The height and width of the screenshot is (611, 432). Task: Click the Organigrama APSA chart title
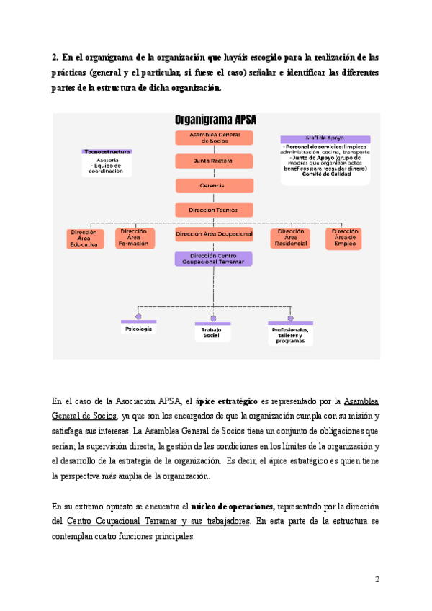(x=215, y=120)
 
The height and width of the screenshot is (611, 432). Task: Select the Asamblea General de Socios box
(x=214, y=138)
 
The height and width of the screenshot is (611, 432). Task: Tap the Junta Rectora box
(x=214, y=161)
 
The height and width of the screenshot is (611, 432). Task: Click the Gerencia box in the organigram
(x=214, y=185)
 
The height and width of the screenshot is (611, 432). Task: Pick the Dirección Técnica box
(x=214, y=210)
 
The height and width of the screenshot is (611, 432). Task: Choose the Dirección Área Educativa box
(x=84, y=238)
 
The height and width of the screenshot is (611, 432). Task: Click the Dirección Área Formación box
(x=135, y=238)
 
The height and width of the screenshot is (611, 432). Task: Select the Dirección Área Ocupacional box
(x=214, y=234)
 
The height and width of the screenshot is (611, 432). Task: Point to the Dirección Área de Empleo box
(x=343, y=238)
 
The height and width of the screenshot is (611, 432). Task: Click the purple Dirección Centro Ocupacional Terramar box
(x=214, y=259)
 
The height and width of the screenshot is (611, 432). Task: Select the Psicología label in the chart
(x=138, y=329)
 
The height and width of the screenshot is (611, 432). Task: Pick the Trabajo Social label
(x=212, y=333)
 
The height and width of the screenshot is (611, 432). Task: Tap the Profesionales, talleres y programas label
(x=290, y=335)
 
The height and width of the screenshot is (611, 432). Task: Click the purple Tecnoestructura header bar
(x=107, y=152)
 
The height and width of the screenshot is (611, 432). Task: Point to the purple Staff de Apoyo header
(x=325, y=139)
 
